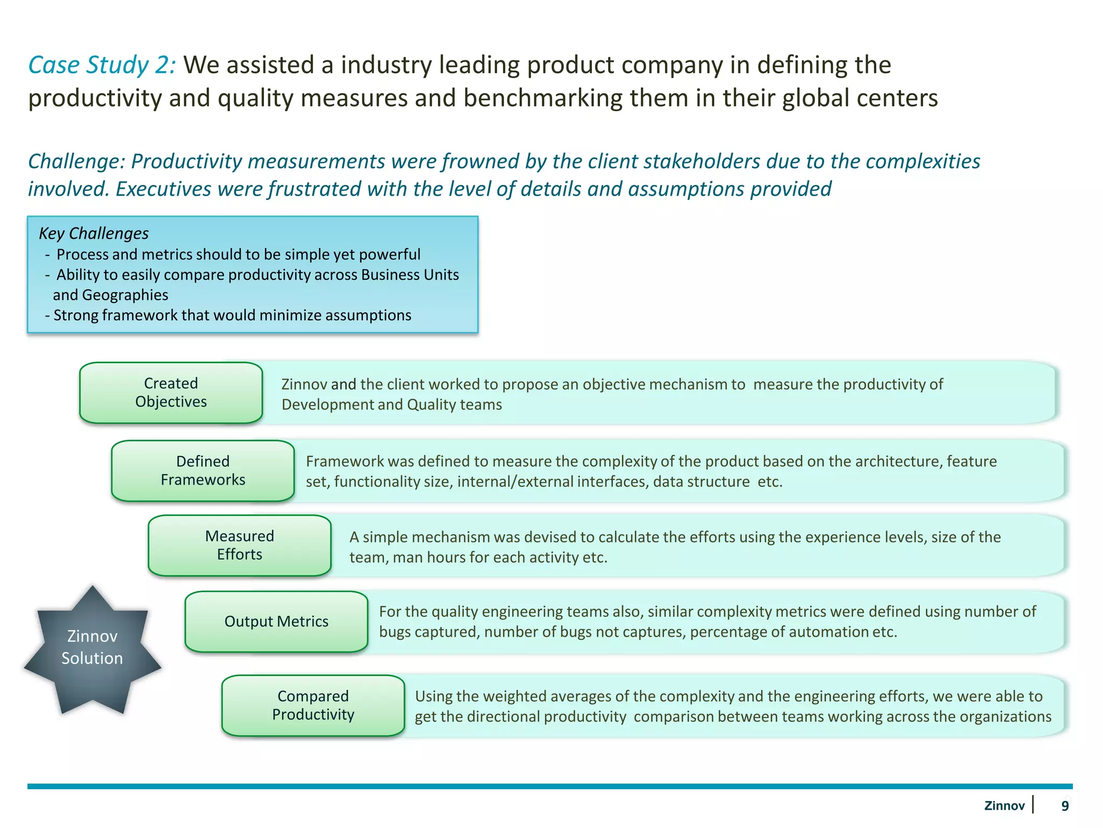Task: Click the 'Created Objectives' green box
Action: tap(171, 392)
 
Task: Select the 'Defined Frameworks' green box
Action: tap(203, 471)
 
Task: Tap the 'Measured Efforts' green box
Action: tap(239, 545)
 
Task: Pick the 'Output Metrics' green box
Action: tap(276, 622)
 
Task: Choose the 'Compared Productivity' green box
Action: tap(313, 705)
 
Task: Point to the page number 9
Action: tap(1065, 806)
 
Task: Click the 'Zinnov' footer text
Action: tap(1004, 806)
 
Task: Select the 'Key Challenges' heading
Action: tap(94, 233)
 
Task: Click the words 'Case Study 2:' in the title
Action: tap(102, 65)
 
